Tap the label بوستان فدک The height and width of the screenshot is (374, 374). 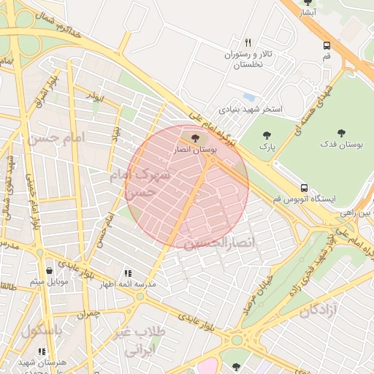pos(343,146)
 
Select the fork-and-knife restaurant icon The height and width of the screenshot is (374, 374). pos(248,42)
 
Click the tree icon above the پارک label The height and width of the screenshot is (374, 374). pos(266,134)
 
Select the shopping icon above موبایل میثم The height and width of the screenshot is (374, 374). pos(49,270)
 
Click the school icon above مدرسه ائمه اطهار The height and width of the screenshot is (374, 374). pos(128,273)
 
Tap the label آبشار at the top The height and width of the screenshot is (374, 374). pos(308,13)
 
